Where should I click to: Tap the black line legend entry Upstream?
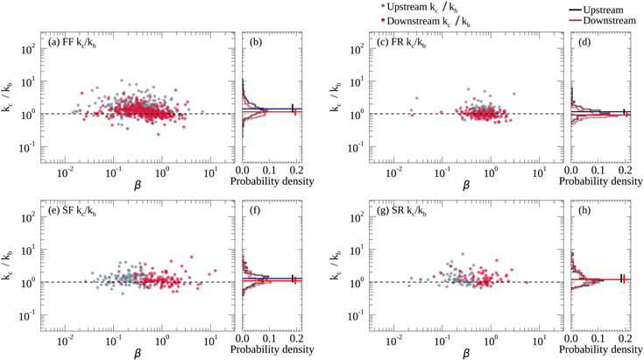pyautogui.click(x=605, y=7)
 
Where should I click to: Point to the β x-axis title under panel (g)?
pyautogui.click(x=464, y=354)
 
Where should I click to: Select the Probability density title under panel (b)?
pyautogui.click(x=271, y=185)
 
